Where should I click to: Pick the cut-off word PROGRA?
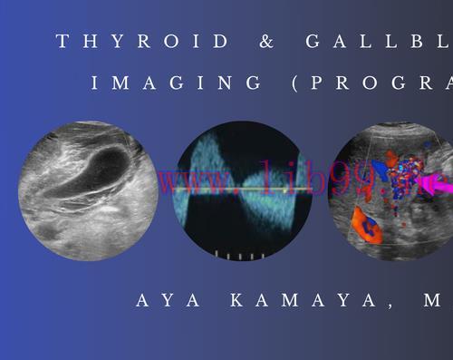point(385,83)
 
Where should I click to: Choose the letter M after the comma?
point(431,300)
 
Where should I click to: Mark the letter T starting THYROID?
point(61,41)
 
